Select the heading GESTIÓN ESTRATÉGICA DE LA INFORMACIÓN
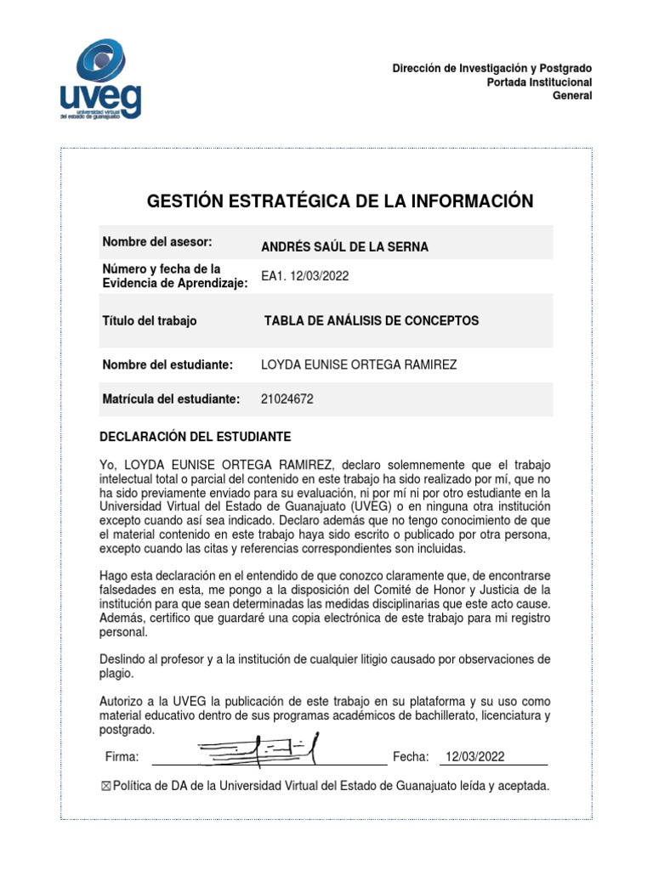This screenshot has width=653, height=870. (x=340, y=201)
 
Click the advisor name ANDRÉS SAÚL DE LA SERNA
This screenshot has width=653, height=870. (x=344, y=247)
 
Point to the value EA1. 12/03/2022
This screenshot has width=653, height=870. (x=304, y=276)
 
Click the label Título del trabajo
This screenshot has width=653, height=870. (x=150, y=321)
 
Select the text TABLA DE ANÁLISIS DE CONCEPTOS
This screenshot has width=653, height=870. (x=372, y=321)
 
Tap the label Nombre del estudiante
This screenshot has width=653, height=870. (x=168, y=364)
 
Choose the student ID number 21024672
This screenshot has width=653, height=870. (x=287, y=398)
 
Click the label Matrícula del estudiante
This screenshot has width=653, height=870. (x=172, y=398)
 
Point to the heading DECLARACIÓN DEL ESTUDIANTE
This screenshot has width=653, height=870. (x=196, y=437)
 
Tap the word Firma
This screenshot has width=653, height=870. (x=122, y=757)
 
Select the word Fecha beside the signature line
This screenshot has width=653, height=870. (x=411, y=757)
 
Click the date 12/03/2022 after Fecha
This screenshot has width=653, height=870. (x=475, y=757)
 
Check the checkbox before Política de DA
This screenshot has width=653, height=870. (x=105, y=787)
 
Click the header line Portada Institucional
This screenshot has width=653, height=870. (x=539, y=82)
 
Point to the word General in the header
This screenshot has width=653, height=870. (x=572, y=95)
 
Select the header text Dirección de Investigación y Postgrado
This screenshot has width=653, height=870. (x=492, y=68)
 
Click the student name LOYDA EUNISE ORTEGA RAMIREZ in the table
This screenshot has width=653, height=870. (x=359, y=364)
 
